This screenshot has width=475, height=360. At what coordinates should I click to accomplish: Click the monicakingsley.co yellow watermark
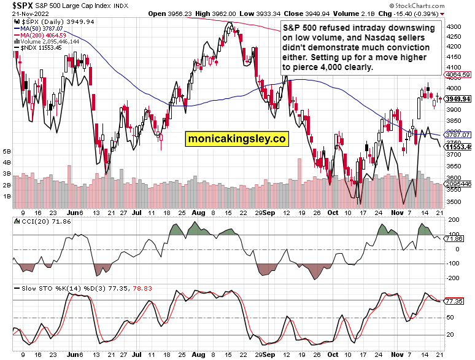pyautogui.click(x=237, y=139)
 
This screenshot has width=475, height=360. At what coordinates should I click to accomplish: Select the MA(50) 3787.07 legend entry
pyautogui.click(x=46, y=28)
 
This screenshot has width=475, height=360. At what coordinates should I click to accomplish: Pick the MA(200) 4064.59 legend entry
pyautogui.click(x=47, y=35)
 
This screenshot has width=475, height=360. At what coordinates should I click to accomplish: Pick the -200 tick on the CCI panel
pyautogui.click(x=455, y=278)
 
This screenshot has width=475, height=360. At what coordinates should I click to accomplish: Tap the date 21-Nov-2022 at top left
pyautogui.click(x=25, y=13)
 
